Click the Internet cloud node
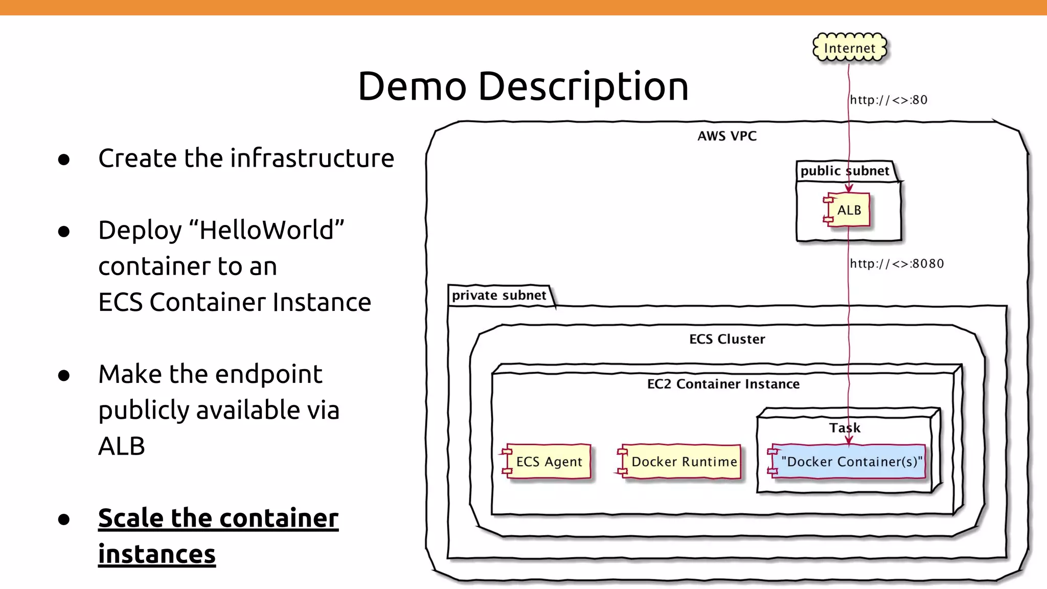850,48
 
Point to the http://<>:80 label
889,100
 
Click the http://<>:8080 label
897,264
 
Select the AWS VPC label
727,136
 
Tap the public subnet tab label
845,171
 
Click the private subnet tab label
499,296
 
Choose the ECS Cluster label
727,339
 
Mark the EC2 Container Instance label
723,384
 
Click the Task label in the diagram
845,428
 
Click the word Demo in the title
412,86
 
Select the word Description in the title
583,86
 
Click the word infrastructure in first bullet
312,158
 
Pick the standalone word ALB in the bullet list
122,446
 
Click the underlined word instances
156,554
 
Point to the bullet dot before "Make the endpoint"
64,376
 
